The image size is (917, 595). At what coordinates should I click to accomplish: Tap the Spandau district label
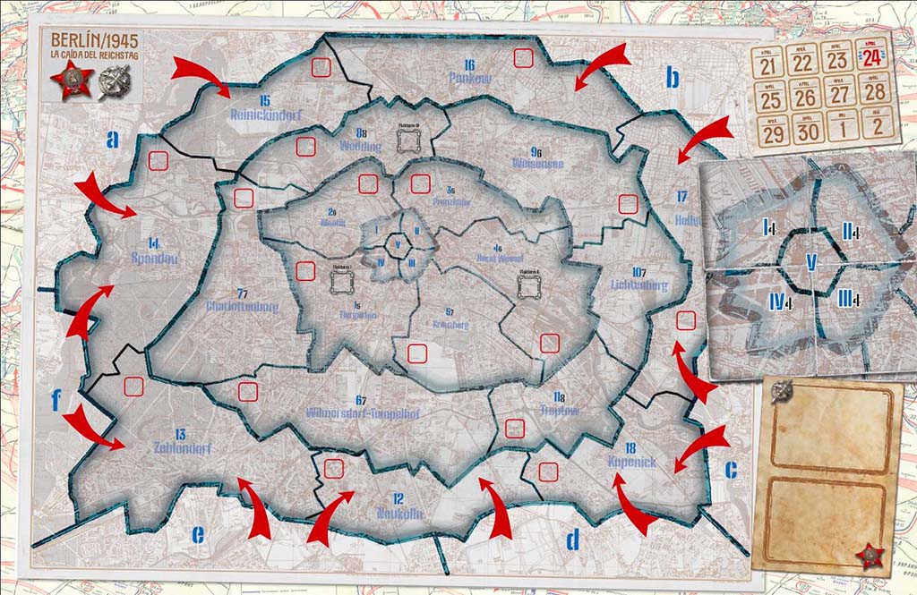tap(154, 255)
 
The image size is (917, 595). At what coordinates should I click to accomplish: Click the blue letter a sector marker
tap(112, 139)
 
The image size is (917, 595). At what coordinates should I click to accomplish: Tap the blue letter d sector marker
tap(573, 538)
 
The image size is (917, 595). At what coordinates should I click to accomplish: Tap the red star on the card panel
tap(869, 557)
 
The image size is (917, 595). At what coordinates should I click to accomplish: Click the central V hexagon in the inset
tap(811, 261)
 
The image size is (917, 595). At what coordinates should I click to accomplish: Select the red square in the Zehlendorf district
tap(133, 387)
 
